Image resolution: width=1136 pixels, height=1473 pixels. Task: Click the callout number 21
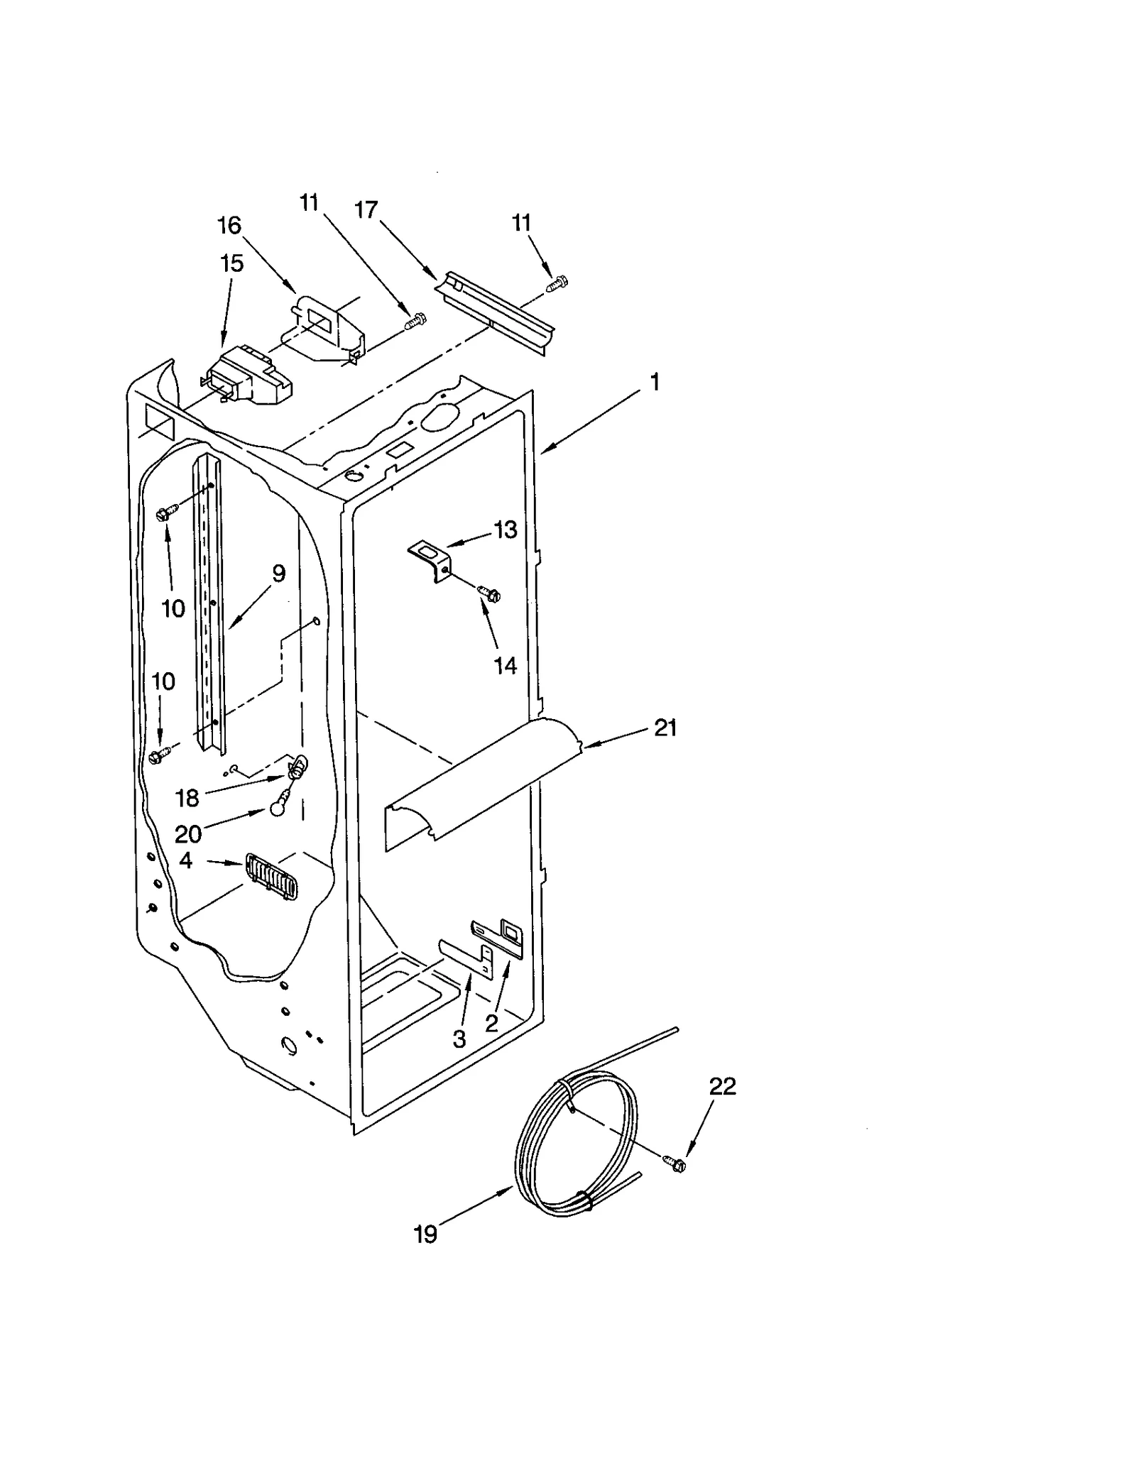coord(665,728)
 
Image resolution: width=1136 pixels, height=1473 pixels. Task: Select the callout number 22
coord(723,1086)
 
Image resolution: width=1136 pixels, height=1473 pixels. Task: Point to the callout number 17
coord(366,210)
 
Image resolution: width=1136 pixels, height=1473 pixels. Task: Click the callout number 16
coord(229,226)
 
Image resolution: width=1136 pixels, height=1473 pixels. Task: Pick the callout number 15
coord(231,263)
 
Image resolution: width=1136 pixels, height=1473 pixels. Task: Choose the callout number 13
coord(506,530)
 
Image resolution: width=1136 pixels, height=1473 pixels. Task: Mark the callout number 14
coord(505,665)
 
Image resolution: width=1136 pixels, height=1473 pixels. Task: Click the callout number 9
coord(278,574)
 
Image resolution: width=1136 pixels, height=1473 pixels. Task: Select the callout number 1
coord(655,383)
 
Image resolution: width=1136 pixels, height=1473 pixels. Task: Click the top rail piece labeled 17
coord(497,312)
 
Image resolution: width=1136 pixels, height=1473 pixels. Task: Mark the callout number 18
coord(187,799)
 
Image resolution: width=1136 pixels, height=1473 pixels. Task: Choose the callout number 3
coord(459,1039)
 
